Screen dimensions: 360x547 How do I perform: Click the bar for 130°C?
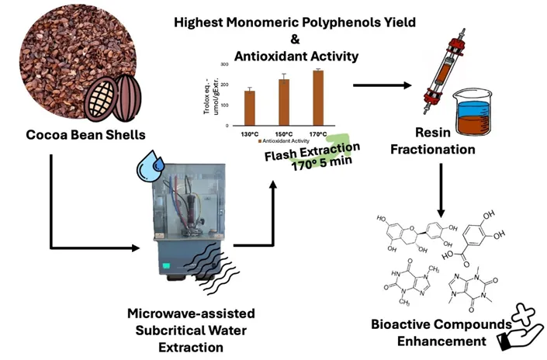(x=249, y=108)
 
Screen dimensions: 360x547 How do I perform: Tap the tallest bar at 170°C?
(x=318, y=97)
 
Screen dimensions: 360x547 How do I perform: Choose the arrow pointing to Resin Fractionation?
(x=379, y=85)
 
